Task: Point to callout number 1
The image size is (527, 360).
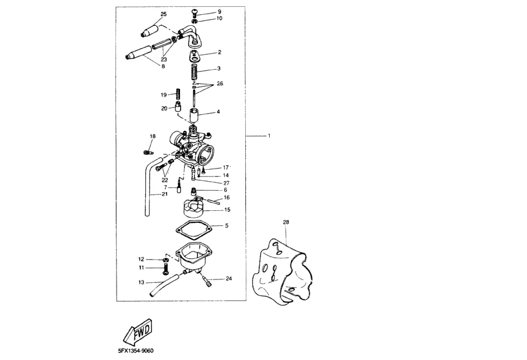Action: (x=269, y=136)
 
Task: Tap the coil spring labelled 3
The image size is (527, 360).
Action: (x=195, y=72)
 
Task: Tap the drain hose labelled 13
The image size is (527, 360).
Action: (x=166, y=283)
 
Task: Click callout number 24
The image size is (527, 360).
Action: (x=228, y=279)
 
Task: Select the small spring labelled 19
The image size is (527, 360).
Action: (x=178, y=93)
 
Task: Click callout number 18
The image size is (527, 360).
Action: (x=153, y=136)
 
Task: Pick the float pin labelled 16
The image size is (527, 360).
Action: (x=210, y=199)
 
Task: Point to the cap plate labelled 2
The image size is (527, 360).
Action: (x=195, y=56)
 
